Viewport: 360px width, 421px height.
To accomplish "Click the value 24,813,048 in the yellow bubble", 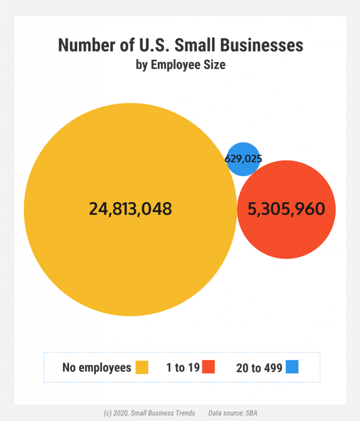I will pos(130,209).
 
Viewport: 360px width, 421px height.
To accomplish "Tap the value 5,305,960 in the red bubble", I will pos(286,209).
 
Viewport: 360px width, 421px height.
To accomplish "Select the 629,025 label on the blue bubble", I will pos(243,159).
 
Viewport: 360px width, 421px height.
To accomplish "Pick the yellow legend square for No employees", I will pos(142,367).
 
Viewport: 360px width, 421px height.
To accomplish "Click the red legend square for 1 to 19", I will pos(209,367).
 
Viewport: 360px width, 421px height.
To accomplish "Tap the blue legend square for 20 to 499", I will pos(292,367).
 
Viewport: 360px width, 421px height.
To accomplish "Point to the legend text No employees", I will pos(97,367).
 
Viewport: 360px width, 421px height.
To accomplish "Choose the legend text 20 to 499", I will pos(259,368).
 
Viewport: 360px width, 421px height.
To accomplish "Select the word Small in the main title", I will pos(196,45).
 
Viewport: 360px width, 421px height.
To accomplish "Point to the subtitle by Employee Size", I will pos(180,65).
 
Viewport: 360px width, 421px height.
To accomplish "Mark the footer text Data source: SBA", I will pos(233,413).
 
